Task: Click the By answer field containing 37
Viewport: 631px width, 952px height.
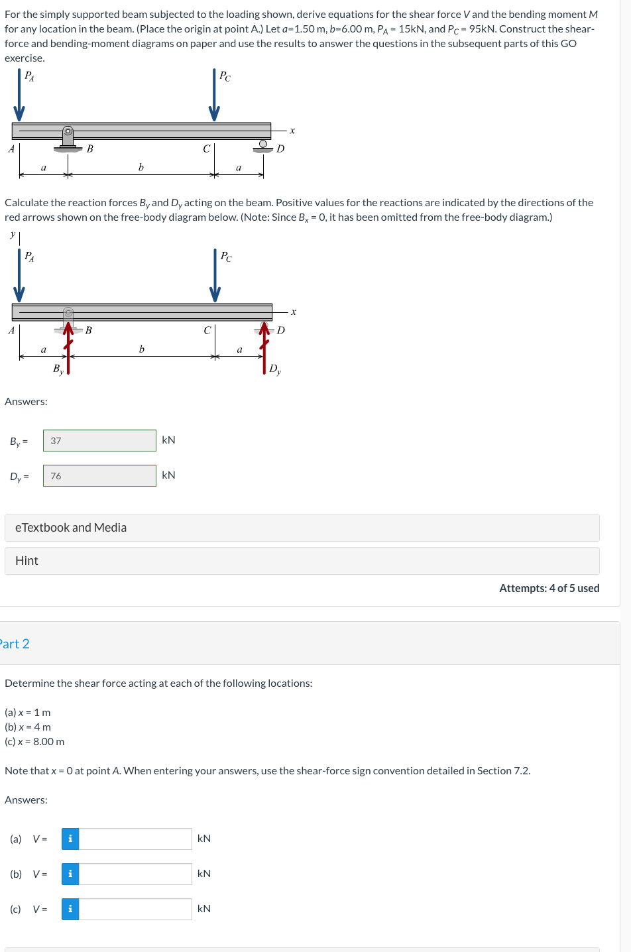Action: pyautogui.click(x=99, y=441)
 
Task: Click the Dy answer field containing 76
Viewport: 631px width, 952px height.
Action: pyautogui.click(x=99, y=476)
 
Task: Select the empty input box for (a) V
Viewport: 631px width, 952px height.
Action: pyautogui.click(x=135, y=839)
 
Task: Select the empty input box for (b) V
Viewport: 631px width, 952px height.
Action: pyautogui.click(x=135, y=874)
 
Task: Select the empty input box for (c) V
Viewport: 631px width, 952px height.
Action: pyautogui.click(x=135, y=909)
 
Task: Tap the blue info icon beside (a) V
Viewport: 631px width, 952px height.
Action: pyautogui.click(x=70, y=839)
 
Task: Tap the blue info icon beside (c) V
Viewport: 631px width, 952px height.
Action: pyautogui.click(x=70, y=909)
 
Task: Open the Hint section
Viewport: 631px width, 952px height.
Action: pyautogui.click(x=302, y=561)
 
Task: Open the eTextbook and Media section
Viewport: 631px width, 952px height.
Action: pyautogui.click(x=302, y=528)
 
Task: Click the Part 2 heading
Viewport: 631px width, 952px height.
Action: pyautogui.click(x=15, y=644)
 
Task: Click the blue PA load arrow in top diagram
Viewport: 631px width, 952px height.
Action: pyautogui.click(x=19, y=96)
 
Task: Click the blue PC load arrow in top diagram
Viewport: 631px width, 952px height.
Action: pyautogui.click(x=214, y=96)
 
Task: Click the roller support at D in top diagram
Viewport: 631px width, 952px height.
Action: pyautogui.click(x=263, y=146)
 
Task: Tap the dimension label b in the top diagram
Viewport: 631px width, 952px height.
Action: pyautogui.click(x=141, y=168)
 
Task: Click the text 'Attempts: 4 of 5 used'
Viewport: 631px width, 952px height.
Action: pyautogui.click(x=549, y=588)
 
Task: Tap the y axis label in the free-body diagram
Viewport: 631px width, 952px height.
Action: pyautogui.click(x=13, y=234)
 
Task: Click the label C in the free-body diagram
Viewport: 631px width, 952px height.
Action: pyautogui.click(x=207, y=330)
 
